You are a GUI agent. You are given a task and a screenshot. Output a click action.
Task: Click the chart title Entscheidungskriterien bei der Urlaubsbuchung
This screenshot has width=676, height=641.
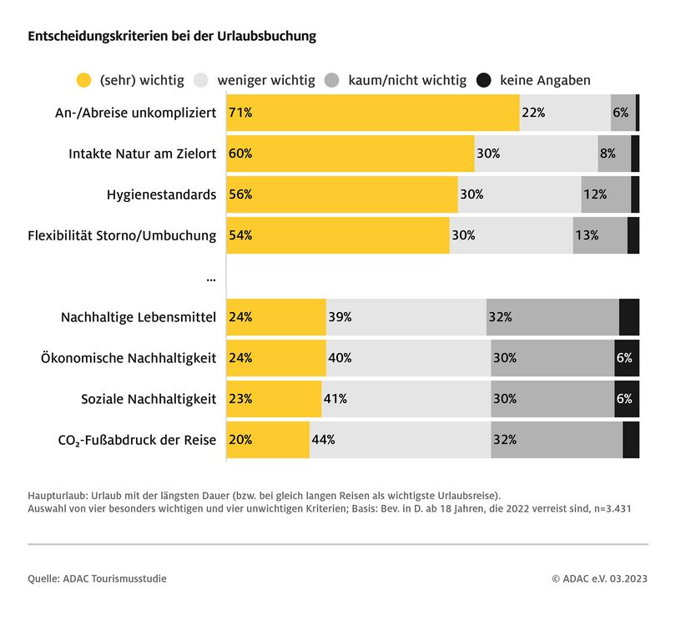click(172, 37)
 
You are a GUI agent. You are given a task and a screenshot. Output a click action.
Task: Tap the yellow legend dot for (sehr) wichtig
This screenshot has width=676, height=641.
click(83, 81)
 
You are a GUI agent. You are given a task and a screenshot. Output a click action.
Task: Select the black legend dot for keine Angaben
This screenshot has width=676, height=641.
click(483, 81)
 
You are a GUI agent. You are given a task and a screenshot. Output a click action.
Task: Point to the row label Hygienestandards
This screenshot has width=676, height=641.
click(161, 194)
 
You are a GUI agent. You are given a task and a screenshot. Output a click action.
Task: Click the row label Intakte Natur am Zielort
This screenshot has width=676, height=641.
click(142, 154)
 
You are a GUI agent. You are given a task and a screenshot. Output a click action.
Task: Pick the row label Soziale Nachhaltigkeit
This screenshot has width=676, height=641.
click(149, 399)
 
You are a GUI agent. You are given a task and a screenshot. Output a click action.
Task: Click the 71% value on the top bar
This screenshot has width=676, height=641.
click(240, 113)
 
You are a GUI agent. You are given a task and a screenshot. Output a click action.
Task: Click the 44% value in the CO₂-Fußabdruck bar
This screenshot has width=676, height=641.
click(323, 440)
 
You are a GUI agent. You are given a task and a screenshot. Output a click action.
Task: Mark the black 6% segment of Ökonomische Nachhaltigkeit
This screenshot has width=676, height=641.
click(626, 358)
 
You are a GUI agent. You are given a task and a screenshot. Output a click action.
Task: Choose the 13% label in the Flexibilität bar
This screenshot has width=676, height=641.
click(586, 235)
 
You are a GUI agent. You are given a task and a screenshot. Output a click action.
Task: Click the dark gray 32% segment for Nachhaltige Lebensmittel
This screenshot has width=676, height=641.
click(552, 317)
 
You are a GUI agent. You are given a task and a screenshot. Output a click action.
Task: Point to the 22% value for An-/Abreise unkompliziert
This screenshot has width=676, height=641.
click(532, 113)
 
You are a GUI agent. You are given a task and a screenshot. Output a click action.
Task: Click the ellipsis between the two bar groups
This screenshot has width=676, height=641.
click(210, 277)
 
